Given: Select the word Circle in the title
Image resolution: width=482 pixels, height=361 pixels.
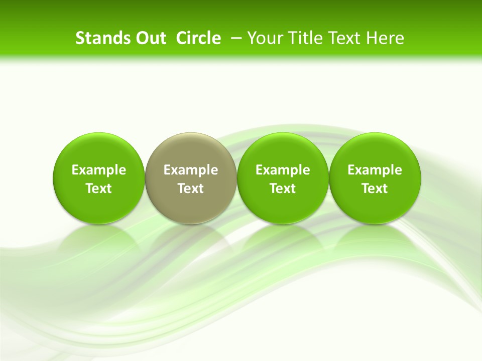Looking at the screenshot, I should coord(198,38).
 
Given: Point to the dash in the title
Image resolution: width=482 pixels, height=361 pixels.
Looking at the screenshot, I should coord(236,38).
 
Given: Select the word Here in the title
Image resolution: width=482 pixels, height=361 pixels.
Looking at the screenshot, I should coord(385,38).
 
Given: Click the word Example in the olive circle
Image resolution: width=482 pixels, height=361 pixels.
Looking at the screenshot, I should coord(191,170).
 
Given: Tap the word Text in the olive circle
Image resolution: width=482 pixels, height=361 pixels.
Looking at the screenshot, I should coord(191,189).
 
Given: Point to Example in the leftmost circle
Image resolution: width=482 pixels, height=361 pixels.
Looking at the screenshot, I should coord(99,170).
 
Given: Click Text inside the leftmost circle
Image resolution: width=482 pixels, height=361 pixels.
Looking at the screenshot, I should coord(99,189).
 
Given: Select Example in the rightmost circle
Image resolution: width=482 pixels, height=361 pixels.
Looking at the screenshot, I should coord(375,170).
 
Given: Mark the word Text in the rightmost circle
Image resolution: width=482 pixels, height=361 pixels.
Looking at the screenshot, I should coord(375,189).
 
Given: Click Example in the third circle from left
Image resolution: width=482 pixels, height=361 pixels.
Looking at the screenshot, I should coord(283,170).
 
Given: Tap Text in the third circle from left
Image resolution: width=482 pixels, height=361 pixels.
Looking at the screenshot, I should coord(283,189).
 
